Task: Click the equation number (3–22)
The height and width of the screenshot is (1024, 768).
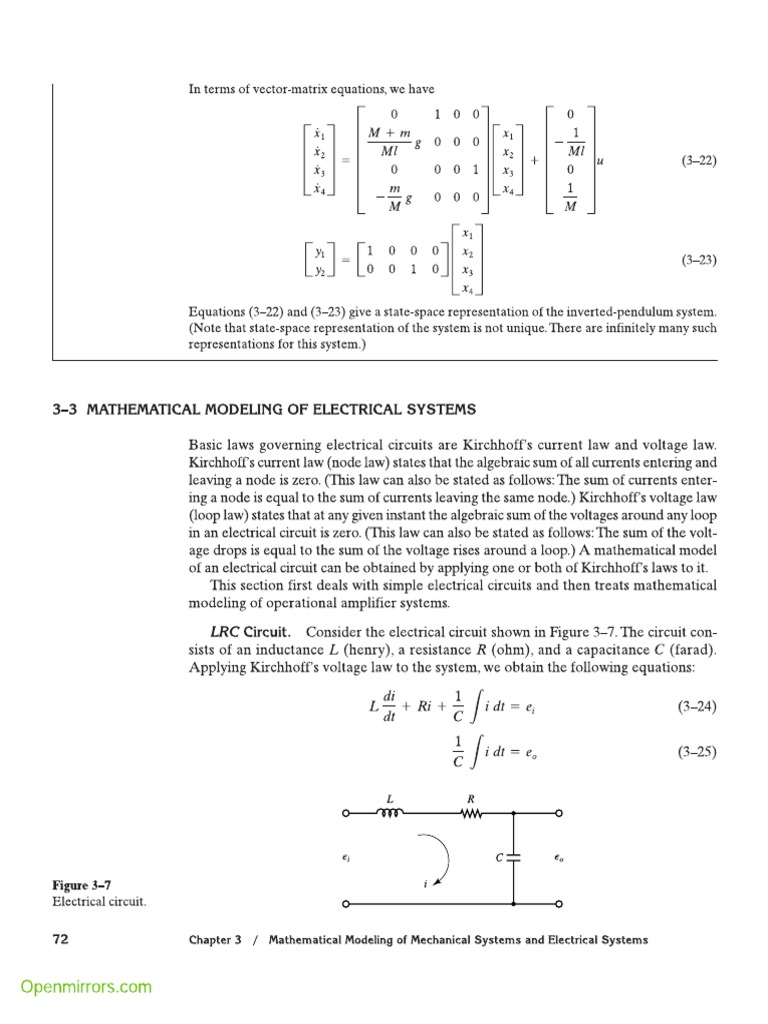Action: click(699, 160)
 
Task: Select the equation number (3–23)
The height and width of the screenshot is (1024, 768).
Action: click(699, 260)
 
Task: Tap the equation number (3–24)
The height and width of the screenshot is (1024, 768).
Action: click(698, 707)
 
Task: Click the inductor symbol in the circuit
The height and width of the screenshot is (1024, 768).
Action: click(390, 813)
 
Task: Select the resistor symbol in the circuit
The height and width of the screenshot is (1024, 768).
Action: click(470, 813)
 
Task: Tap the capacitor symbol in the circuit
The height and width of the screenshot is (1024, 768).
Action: click(513, 858)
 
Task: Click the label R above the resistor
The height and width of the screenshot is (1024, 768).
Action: click(471, 798)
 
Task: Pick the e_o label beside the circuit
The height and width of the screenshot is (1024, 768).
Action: click(559, 858)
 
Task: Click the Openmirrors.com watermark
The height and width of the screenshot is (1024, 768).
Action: click(87, 987)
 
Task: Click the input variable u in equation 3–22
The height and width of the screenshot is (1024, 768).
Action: click(600, 160)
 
